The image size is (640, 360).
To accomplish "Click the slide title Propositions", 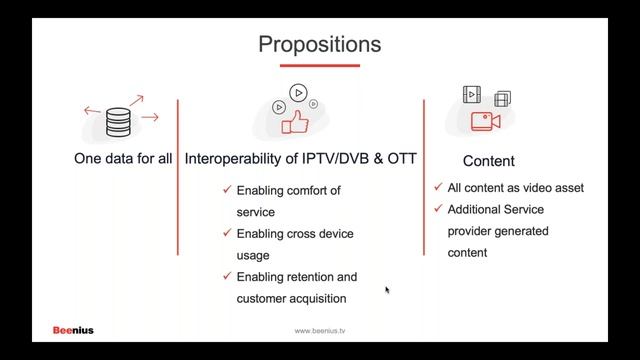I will pos(319,44).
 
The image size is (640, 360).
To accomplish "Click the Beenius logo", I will pos(73,330).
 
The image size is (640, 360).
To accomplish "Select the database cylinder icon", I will pos(117,121).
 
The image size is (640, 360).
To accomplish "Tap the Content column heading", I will pos(488,160).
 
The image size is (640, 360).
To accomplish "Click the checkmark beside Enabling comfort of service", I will pos(228,190).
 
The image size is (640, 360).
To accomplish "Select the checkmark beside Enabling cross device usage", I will pos(228,233).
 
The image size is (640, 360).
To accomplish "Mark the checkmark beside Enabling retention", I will pos(228,276).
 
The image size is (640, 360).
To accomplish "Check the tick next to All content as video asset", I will pos(438,187).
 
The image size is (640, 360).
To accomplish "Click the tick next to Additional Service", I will pos(438,209).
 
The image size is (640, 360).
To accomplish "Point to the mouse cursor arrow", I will pos(387,290).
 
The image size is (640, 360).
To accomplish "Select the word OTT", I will pos(402,159).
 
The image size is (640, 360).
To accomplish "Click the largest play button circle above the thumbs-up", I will pos(296,93).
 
